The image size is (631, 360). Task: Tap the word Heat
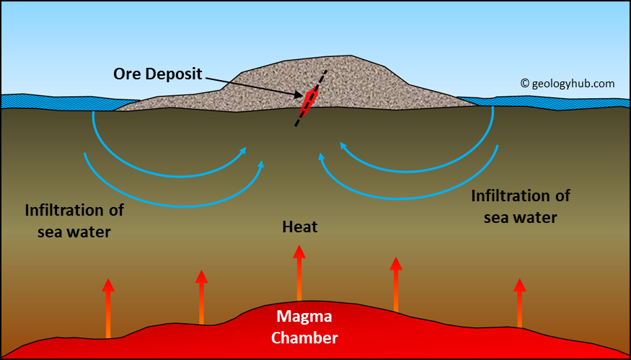(x=299, y=228)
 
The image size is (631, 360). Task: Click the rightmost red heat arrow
(x=519, y=303)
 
